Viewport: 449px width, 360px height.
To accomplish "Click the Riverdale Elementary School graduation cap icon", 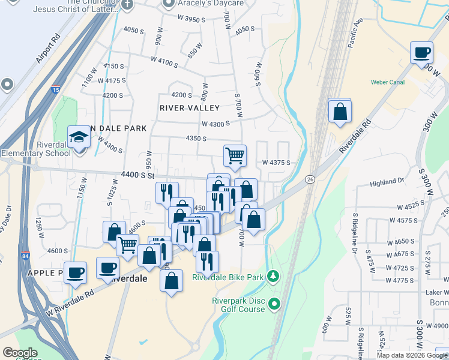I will click(79, 137).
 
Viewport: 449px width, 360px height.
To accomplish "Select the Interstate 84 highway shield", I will click(25, 254).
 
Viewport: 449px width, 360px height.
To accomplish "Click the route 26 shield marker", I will click(310, 179).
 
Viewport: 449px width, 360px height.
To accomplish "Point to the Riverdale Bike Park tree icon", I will click(274, 276).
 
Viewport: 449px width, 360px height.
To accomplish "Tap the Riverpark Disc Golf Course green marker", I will click(275, 304).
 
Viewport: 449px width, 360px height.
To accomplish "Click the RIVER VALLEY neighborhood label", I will click(189, 108).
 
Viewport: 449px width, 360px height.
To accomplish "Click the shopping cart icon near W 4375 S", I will click(235, 155).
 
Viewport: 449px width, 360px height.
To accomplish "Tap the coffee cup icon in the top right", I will click(421, 52).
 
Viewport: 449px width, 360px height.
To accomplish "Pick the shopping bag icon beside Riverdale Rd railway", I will click(340, 112).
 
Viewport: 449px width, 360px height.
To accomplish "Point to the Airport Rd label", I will click(48, 49).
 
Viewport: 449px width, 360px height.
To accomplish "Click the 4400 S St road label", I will click(138, 175).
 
